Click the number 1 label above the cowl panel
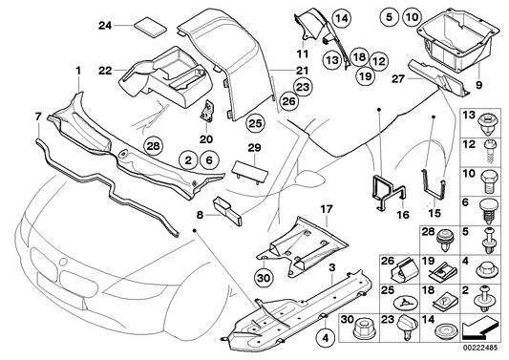coord(78,71)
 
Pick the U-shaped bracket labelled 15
coord(431,198)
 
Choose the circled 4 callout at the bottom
coord(328,336)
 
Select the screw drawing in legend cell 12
coord(487,146)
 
